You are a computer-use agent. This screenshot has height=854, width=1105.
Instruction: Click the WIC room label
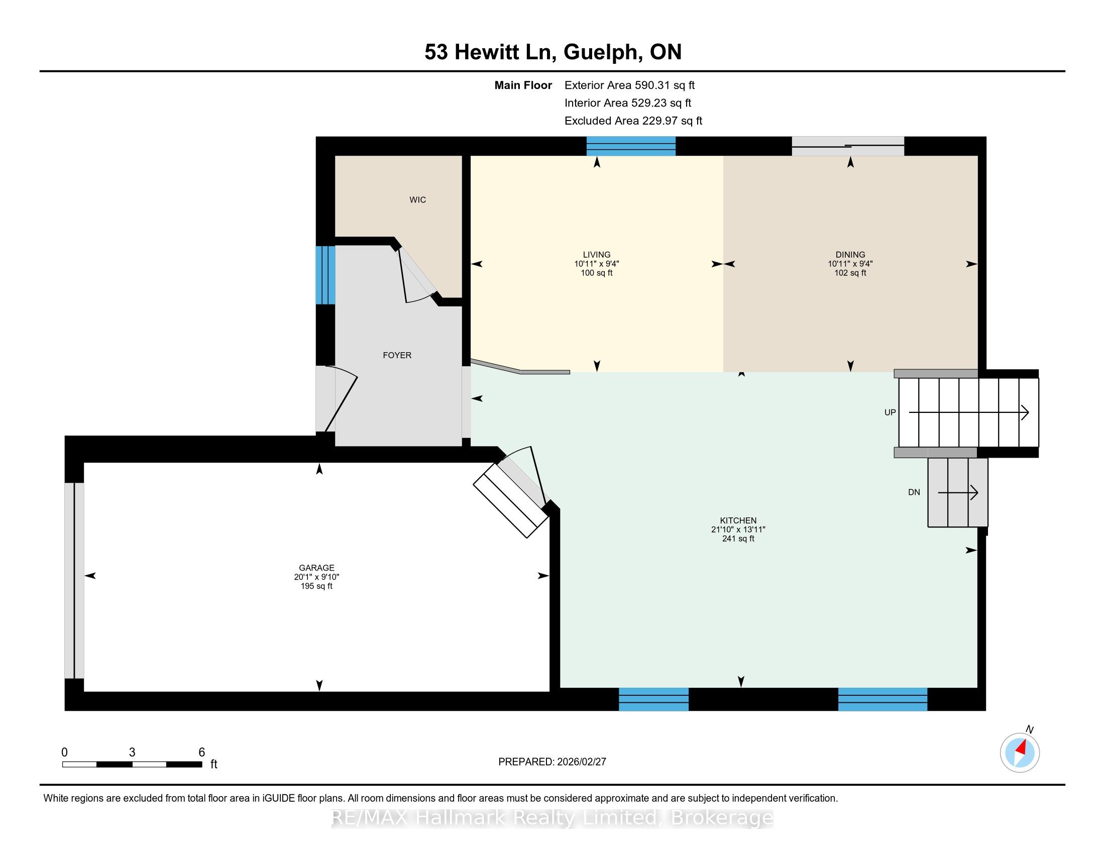(417, 200)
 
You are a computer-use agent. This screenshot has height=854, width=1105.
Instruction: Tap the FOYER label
(397, 355)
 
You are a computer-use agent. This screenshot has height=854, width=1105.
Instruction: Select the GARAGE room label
(317, 568)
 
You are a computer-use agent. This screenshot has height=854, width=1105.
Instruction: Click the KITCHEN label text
(738, 520)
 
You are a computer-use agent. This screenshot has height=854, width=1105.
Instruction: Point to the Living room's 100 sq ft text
(597, 273)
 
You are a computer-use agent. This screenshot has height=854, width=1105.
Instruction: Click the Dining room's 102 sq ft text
(850, 273)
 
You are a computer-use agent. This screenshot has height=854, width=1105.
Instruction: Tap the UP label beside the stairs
(890, 412)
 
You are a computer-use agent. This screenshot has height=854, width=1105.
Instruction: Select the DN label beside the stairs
(914, 492)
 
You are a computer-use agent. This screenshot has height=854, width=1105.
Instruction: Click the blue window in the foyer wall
(325, 275)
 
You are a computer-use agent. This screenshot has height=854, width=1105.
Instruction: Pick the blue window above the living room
(631, 146)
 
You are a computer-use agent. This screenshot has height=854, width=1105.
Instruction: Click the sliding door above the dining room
(848, 146)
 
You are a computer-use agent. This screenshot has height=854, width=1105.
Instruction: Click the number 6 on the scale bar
(201, 753)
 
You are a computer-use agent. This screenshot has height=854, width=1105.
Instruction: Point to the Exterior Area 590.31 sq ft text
(629, 85)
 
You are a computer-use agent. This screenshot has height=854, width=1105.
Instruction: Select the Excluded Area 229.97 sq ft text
(633, 121)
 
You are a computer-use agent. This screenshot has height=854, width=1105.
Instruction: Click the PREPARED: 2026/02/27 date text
(552, 762)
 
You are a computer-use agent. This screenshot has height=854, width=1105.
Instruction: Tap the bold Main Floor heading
(523, 85)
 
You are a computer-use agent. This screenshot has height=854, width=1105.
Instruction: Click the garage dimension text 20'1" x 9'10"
(317, 577)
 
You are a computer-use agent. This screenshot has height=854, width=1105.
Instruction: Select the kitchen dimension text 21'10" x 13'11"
(738, 529)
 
